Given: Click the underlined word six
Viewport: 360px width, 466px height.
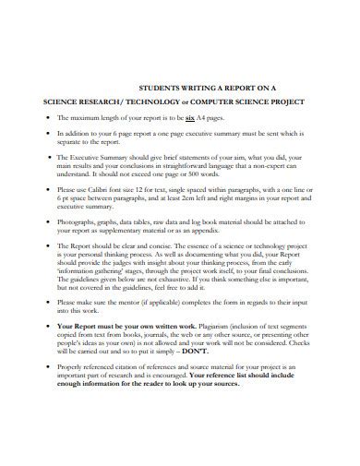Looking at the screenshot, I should pyautogui.click(x=189, y=119).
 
